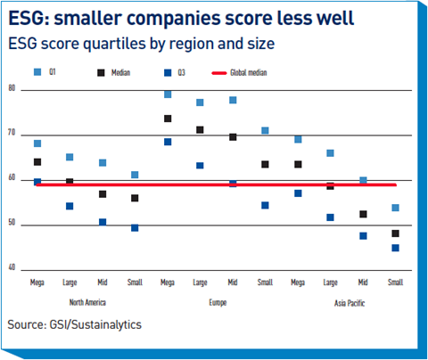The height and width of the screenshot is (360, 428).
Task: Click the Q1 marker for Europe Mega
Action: tap(168, 94)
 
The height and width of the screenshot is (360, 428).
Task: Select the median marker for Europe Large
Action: tap(200, 130)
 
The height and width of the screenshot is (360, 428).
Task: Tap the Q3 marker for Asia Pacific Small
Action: tap(395, 248)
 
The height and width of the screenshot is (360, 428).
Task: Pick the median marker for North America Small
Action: tap(135, 198)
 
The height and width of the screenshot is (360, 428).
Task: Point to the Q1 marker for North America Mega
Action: tap(37, 143)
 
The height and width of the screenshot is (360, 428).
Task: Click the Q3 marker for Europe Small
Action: tap(265, 205)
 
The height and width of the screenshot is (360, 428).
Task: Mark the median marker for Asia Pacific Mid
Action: tap(363, 214)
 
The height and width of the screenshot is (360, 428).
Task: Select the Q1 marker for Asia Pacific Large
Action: tap(330, 153)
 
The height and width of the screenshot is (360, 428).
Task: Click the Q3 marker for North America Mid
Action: tap(103, 222)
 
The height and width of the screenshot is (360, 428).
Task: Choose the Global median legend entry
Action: tap(240, 73)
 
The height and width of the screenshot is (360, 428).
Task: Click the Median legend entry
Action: tap(114, 73)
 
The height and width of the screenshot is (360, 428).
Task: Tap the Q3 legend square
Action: tap(168, 73)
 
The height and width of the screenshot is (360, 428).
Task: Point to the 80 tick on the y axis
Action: tap(12, 88)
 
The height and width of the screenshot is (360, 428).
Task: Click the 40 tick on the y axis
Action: tap(12, 267)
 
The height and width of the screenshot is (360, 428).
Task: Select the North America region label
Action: tap(87, 302)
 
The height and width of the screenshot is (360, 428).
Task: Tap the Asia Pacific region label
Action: tap(350, 303)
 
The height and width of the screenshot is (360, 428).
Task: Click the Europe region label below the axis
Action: tap(218, 303)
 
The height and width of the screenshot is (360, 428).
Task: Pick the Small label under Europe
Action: tap(265, 282)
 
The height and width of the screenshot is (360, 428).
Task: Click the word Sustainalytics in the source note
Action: tap(106, 324)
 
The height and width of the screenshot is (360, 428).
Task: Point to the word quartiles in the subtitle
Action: tap(114, 44)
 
